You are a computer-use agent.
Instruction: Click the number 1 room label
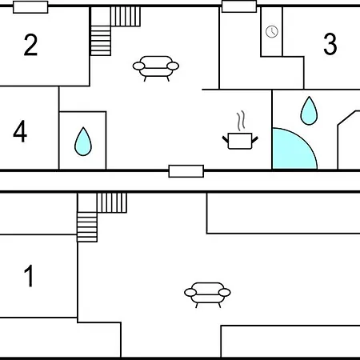[29, 276]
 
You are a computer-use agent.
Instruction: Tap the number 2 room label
[30, 45]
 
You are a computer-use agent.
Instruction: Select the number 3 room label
[330, 44]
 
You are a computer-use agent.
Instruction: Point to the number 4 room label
[20, 131]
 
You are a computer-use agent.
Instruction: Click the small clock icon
[272, 31]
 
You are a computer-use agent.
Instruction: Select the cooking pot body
[240, 141]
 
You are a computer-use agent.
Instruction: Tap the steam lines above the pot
[241, 121]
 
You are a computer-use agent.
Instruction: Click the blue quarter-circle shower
[294, 148]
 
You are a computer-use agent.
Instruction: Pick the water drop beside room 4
[83, 142]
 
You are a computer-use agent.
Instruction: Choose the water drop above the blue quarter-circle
[309, 110]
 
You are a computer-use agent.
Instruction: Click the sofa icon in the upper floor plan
[156, 68]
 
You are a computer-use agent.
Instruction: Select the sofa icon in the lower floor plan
[207, 294]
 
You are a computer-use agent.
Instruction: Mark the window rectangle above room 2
[30, 7]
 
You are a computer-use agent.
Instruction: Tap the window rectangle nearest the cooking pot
[186, 171]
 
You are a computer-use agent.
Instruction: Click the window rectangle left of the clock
[239, 6]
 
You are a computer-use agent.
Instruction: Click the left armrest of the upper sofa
[138, 66]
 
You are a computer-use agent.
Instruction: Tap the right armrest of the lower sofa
[225, 292]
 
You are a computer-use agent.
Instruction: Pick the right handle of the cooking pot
[255, 139]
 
